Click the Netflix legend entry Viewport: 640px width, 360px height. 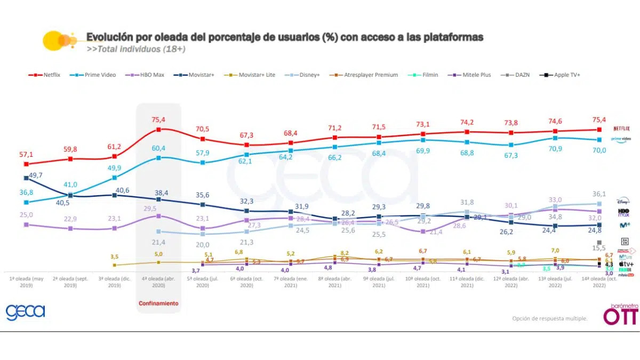pos(45,75)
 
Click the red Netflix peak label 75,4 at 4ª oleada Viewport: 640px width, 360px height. pos(158,119)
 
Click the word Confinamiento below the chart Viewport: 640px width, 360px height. pos(158,303)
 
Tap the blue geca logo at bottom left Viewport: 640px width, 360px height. pos(25,312)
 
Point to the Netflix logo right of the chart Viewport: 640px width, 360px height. pos(622,129)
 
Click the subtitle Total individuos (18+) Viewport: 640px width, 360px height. pos(137,50)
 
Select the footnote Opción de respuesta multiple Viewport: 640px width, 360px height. pos(550,318)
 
